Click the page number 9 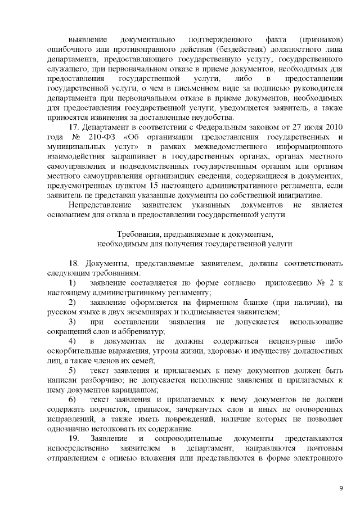click(340, 487)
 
